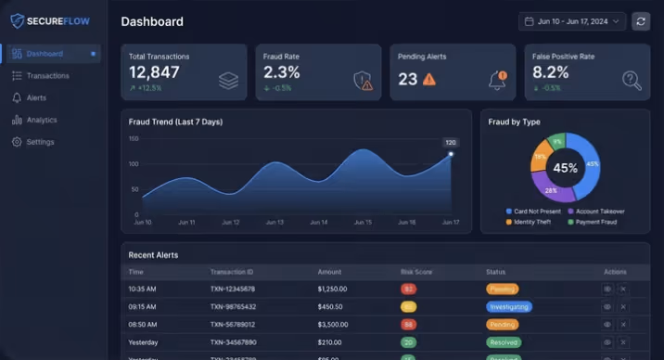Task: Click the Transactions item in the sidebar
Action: click(x=47, y=75)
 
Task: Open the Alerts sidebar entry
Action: click(x=36, y=97)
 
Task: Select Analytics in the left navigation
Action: click(x=41, y=120)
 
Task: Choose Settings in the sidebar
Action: click(x=40, y=142)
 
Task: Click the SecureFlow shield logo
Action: click(x=17, y=20)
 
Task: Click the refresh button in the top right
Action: click(x=641, y=21)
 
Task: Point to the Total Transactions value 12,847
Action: click(x=154, y=72)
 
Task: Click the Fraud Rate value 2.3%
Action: click(x=282, y=72)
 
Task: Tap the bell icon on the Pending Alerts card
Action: click(x=498, y=80)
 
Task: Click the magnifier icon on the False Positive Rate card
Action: click(x=632, y=81)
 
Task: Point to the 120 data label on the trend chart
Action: click(x=451, y=142)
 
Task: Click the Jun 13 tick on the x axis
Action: click(x=275, y=223)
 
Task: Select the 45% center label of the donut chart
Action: click(x=565, y=168)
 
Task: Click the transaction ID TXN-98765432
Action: click(x=233, y=306)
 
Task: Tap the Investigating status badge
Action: click(x=509, y=306)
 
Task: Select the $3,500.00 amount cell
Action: click(x=331, y=324)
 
